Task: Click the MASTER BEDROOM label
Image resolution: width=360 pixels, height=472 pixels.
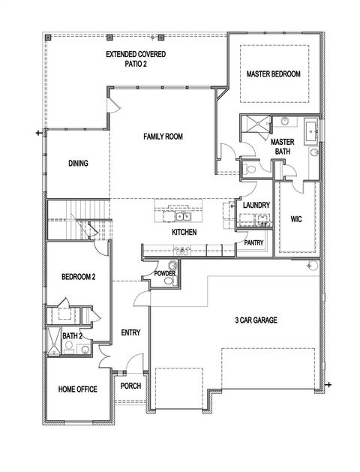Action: coord(274,74)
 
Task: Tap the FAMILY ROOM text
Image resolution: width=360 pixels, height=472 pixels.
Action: coord(163,136)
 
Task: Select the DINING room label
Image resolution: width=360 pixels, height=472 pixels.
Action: coord(78,163)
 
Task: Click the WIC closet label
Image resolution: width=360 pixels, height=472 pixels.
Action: coord(295,219)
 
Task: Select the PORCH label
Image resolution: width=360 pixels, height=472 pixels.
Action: coord(130,386)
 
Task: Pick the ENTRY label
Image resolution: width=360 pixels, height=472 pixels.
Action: coord(131,332)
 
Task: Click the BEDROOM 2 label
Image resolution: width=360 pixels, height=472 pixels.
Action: coord(78,277)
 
